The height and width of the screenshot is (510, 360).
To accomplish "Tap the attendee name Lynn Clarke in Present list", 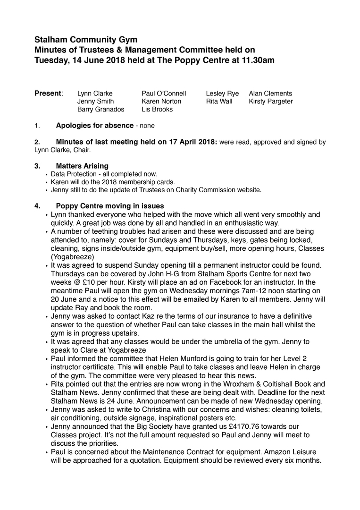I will click(95, 93).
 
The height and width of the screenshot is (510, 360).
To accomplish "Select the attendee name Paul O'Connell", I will click(164, 93).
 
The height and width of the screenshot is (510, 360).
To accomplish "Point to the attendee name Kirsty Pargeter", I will click(271, 102).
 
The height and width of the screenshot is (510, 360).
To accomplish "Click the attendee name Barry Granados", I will click(100, 110).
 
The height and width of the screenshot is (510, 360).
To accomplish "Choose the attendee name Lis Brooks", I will click(157, 110).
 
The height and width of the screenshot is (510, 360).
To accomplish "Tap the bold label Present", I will click(48, 93).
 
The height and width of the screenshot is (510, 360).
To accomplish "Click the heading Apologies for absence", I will click(94, 126).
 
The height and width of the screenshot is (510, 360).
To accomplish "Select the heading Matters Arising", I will click(82, 166).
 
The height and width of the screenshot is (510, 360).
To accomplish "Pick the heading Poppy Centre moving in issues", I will click(110, 206).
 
